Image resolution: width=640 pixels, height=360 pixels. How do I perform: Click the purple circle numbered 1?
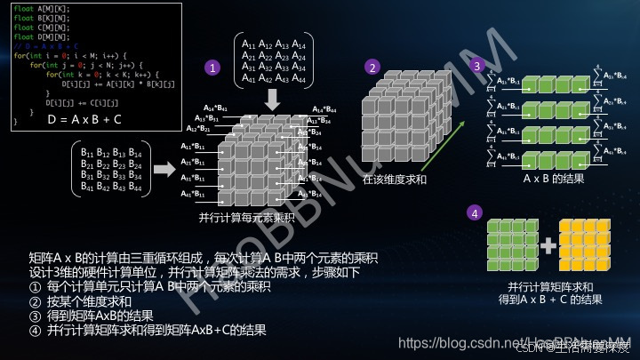[211, 68]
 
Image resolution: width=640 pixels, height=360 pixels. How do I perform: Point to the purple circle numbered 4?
[476, 213]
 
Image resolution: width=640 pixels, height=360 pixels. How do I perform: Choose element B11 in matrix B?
[88, 153]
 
